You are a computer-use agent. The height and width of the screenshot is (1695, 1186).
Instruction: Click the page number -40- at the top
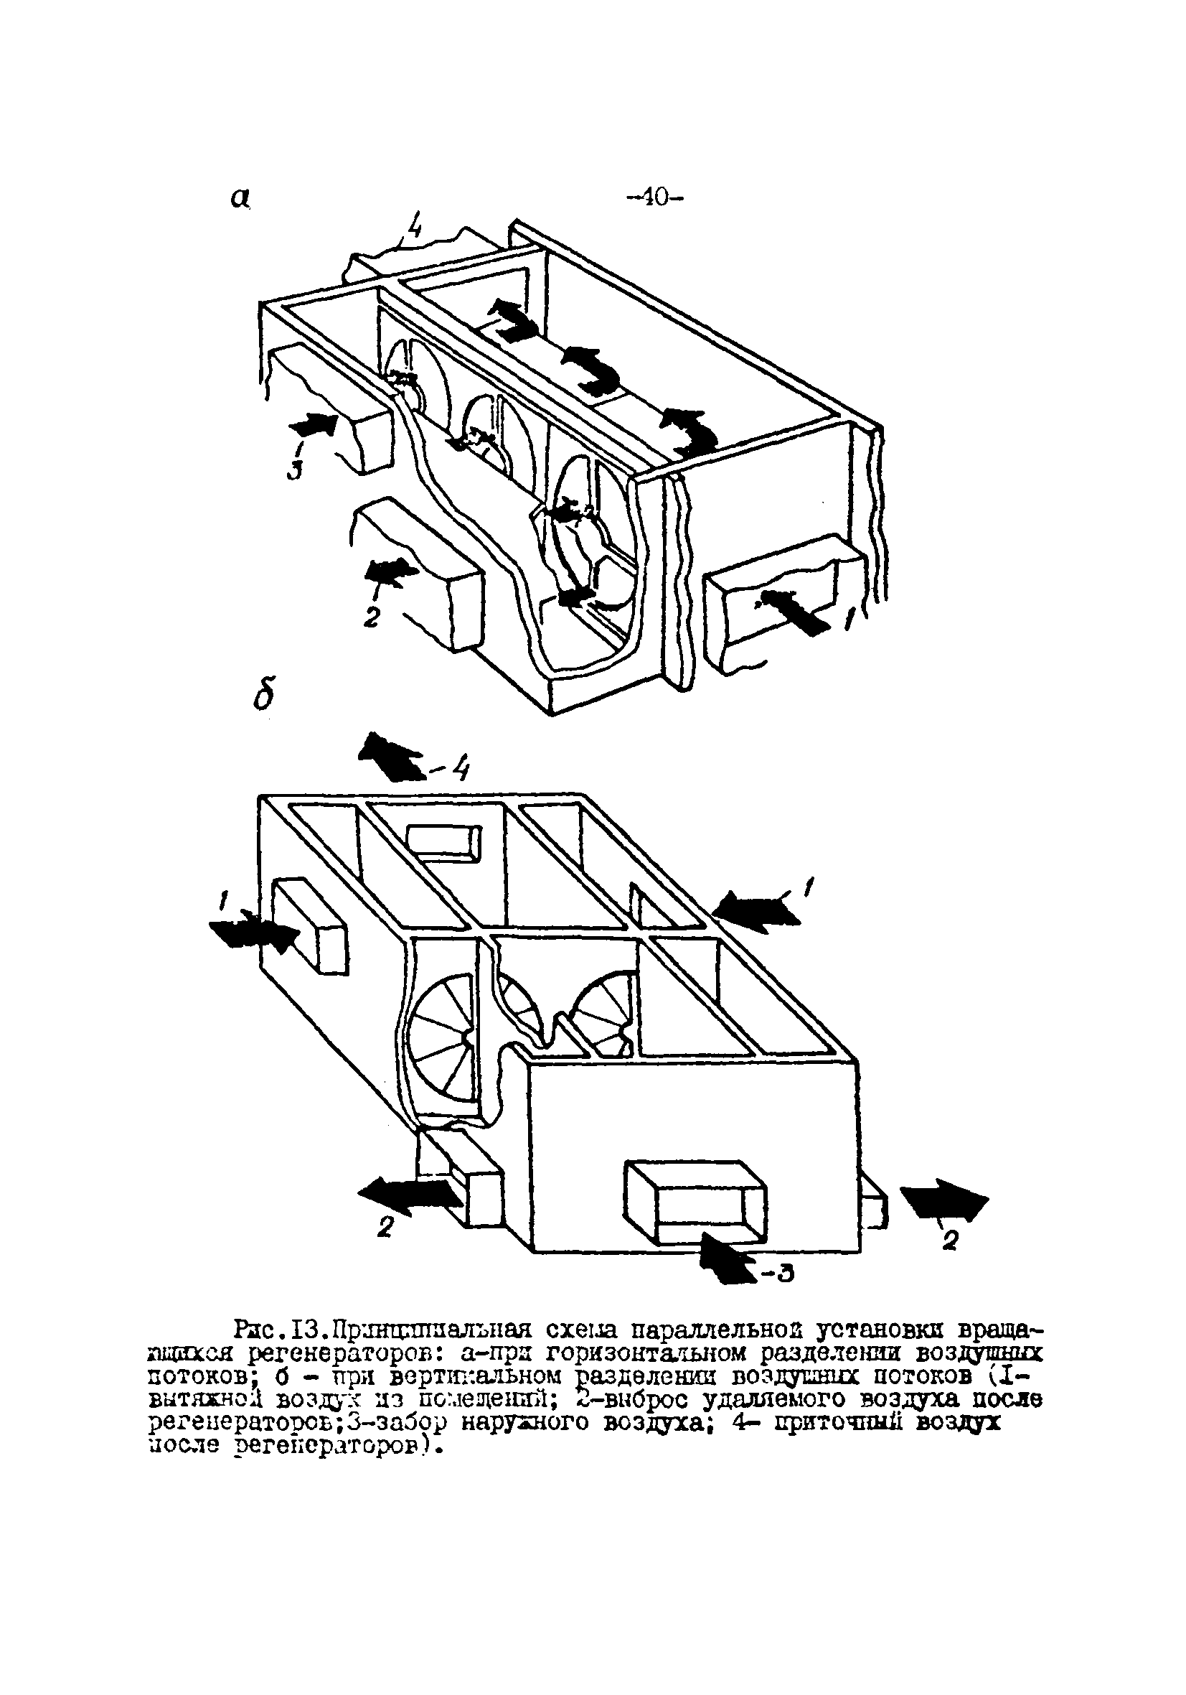tap(654, 197)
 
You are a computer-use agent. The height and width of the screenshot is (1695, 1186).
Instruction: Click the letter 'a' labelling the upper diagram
tap(238, 197)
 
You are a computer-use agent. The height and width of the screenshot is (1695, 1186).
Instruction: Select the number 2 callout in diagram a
tap(372, 617)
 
